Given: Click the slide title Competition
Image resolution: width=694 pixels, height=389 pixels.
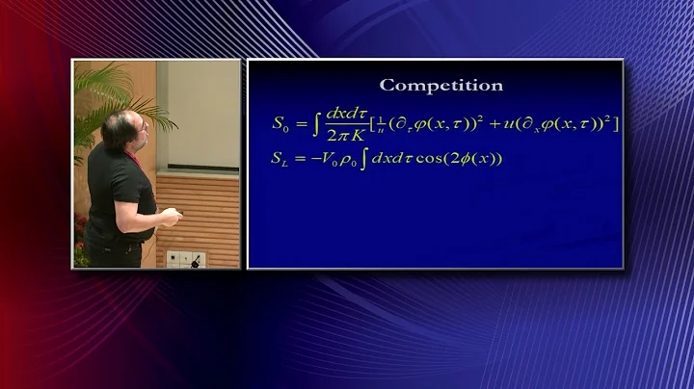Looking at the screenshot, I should click(441, 85).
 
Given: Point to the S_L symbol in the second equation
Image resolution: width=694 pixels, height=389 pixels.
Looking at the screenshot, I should click(280, 159).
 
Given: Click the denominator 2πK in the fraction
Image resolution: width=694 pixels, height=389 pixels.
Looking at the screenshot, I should click(343, 134).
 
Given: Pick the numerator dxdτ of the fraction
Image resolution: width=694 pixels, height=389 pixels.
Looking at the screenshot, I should click(342, 114).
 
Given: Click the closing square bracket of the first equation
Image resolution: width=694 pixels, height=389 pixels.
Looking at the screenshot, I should click(616, 123).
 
